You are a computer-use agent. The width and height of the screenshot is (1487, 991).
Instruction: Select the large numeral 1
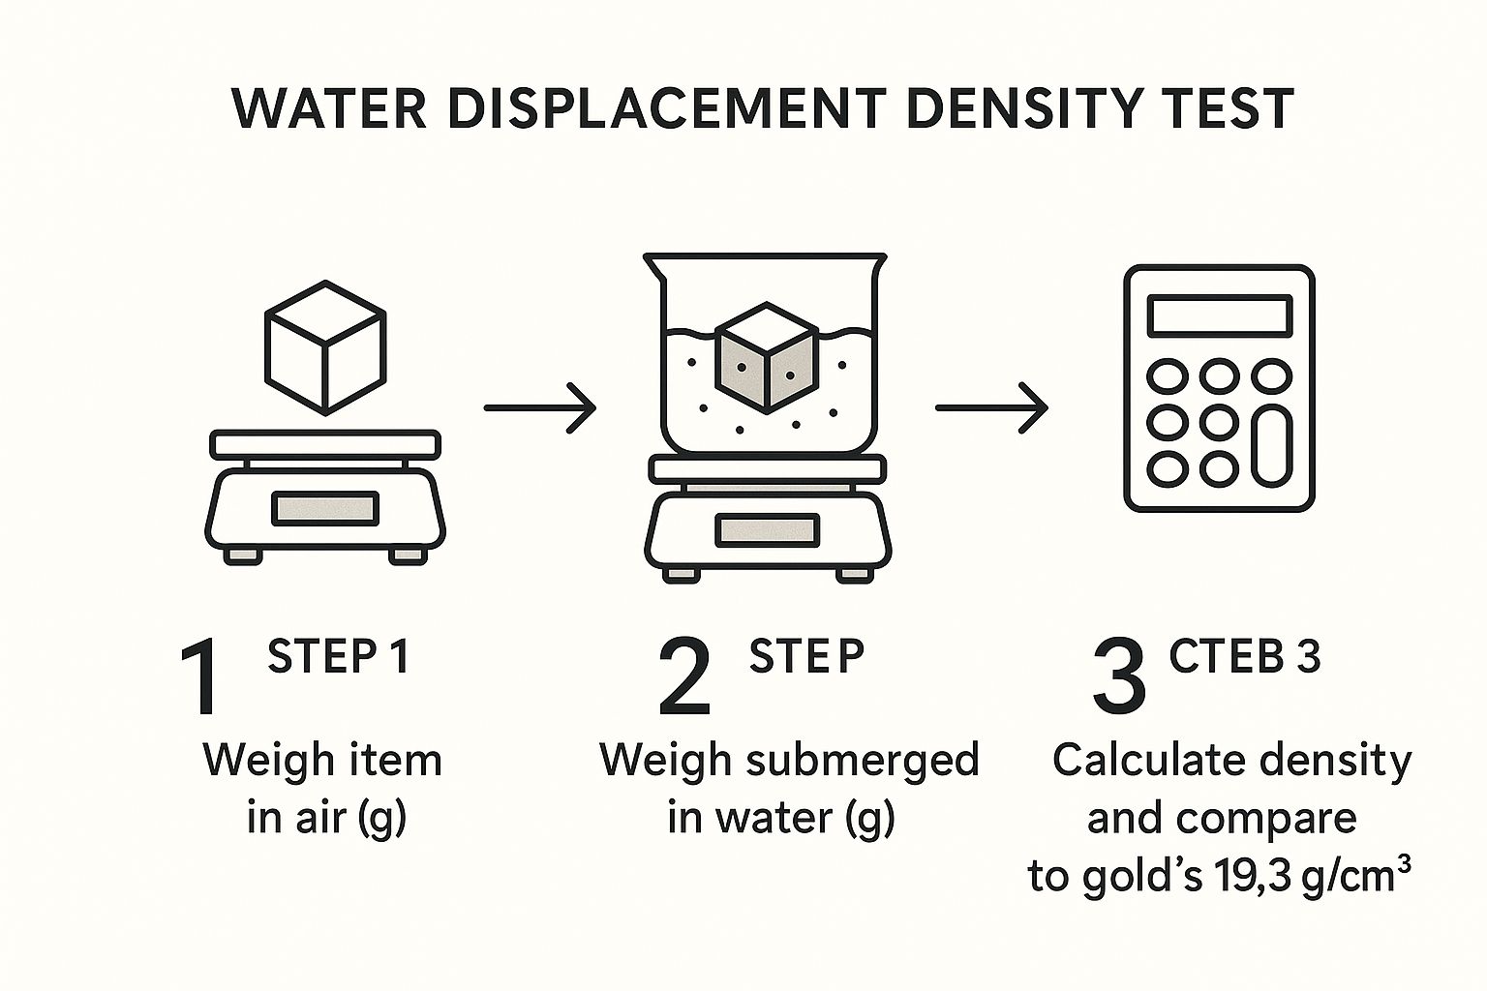point(202,678)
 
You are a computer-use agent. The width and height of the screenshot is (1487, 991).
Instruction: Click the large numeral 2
point(684,678)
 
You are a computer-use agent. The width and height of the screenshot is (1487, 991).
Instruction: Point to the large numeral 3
point(1119,678)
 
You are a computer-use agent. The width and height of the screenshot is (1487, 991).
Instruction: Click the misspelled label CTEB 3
point(1244,657)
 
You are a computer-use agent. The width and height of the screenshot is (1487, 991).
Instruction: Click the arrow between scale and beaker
point(539,408)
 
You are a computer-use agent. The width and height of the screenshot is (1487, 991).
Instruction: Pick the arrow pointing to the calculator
point(991,408)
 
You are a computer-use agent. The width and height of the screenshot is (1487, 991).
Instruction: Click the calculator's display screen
point(1219,315)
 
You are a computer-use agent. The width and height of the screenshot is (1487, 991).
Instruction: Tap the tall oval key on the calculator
point(1270,444)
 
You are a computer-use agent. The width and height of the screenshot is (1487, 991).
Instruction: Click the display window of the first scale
point(325,508)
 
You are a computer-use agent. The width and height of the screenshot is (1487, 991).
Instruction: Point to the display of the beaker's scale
point(767,529)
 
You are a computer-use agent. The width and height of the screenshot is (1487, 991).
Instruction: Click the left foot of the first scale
point(242,556)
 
